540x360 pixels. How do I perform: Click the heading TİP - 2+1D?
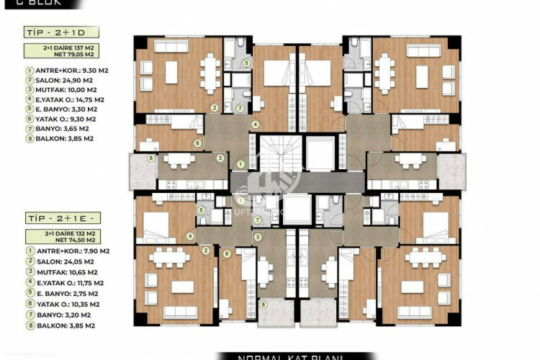click(50, 32)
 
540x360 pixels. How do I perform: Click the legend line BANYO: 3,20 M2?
click(63, 315)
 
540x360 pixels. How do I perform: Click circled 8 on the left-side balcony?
click(150, 158)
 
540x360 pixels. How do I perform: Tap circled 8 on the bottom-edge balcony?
click(264, 305)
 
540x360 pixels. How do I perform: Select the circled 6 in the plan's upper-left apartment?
click(197, 143)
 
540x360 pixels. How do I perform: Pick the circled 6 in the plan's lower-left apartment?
click(226, 253)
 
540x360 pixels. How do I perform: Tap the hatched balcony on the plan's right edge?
click(451, 171)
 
